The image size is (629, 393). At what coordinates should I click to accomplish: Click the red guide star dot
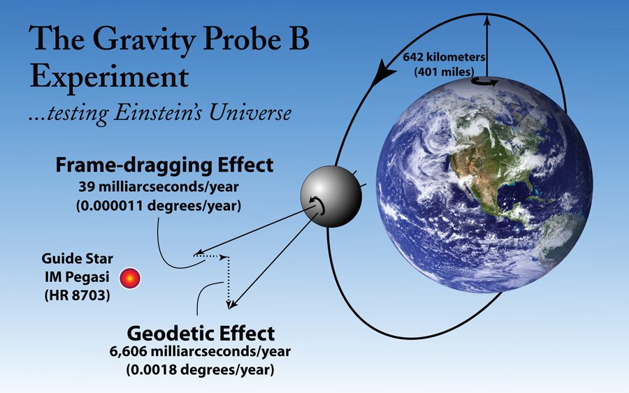click(130, 278)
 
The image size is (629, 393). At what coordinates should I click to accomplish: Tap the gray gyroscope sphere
click(331, 196)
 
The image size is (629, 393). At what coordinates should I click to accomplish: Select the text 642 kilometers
click(444, 57)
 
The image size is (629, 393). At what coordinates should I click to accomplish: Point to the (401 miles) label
click(444, 72)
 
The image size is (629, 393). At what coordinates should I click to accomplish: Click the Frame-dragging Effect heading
click(164, 165)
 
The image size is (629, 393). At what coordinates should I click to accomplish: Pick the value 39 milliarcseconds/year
click(159, 186)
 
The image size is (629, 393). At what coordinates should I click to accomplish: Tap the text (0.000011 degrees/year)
click(159, 205)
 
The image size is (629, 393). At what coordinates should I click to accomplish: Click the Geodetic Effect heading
click(201, 333)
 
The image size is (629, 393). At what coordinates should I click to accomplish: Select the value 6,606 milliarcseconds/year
click(200, 351)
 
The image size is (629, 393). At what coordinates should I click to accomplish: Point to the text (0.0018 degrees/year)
click(200, 369)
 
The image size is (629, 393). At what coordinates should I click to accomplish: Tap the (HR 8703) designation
click(77, 295)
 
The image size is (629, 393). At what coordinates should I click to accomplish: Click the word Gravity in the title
click(145, 39)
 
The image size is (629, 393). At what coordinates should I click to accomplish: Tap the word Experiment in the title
click(109, 76)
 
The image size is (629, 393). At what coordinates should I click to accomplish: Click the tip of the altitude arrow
click(487, 16)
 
